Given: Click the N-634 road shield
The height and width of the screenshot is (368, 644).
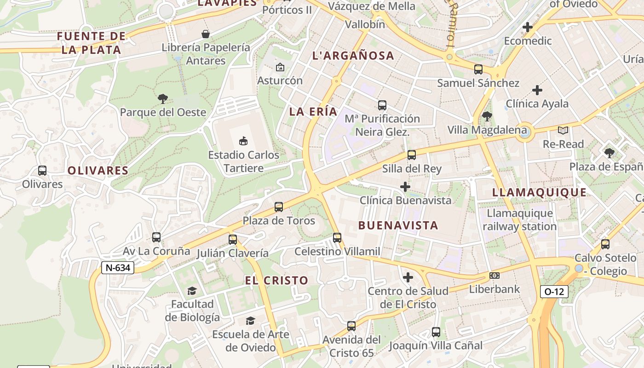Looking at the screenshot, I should [118, 268].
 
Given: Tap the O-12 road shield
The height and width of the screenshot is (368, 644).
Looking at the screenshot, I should [554, 291].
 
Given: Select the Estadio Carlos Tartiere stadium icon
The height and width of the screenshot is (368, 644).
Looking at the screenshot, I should [243, 141].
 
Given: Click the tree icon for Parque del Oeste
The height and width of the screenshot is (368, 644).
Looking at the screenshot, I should [162, 98].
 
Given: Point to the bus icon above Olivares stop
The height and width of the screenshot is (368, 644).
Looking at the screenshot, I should [42, 171].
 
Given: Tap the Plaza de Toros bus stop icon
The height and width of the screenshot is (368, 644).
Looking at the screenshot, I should [278, 207].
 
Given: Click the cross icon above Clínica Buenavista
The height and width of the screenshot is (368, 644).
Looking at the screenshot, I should [405, 187].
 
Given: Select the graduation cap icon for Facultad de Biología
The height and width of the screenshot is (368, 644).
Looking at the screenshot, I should [192, 291].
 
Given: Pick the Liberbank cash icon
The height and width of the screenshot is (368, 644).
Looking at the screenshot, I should [494, 276].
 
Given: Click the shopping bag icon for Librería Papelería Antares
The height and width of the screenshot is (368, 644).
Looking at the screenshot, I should [205, 34].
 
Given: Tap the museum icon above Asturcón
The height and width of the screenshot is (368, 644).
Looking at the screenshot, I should [280, 67].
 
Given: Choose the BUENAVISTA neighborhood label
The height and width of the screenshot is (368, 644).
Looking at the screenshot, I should [398, 225].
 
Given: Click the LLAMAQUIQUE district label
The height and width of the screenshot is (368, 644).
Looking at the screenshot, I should [539, 192].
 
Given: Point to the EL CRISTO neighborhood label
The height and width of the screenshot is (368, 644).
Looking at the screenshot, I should [276, 280].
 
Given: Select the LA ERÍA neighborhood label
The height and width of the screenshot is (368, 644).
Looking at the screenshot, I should [313, 112].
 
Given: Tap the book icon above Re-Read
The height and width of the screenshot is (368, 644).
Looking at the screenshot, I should [563, 131].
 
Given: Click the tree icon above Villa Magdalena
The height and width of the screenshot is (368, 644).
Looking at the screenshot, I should [487, 116].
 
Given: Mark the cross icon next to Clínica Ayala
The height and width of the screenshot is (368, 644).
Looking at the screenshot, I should [537, 90].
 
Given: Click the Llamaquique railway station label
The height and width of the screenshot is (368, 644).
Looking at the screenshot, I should [519, 220].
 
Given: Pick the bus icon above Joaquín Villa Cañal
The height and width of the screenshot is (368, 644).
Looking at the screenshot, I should [436, 332].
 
